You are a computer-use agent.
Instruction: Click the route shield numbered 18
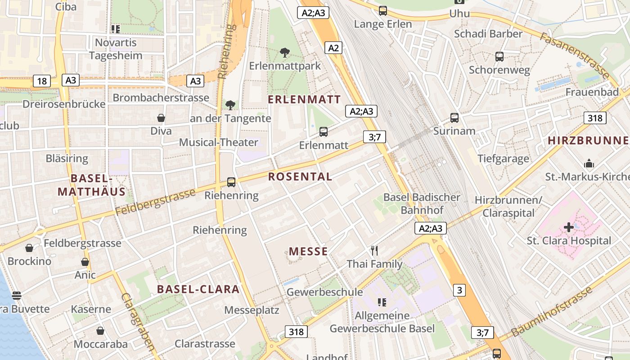tap(42, 81)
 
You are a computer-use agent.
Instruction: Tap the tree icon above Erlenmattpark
tap(284, 53)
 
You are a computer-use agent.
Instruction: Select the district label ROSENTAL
tap(300, 176)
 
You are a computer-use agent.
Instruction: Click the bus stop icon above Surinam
tap(454, 118)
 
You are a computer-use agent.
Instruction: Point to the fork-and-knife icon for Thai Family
tap(374, 250)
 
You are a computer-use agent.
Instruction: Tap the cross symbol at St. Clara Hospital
tap(569, 227)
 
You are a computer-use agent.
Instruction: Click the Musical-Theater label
tap(219, 143)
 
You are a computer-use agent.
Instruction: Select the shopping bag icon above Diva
tap(161, 118)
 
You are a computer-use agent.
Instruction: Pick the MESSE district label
tap(308, 252)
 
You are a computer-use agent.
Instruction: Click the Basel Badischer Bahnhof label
tap(422, 203)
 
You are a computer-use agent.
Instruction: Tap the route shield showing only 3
tap(459, 290)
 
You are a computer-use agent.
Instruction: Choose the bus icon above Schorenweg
tap(499, 57)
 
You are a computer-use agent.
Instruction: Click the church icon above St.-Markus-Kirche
tap(589, 164)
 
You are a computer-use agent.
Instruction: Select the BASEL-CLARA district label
tap(198, 289)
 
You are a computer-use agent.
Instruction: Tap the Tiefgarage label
tap(503, 158)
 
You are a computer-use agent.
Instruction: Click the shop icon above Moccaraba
tap(100, 331)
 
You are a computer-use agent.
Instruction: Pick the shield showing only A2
tap(333, 48)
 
